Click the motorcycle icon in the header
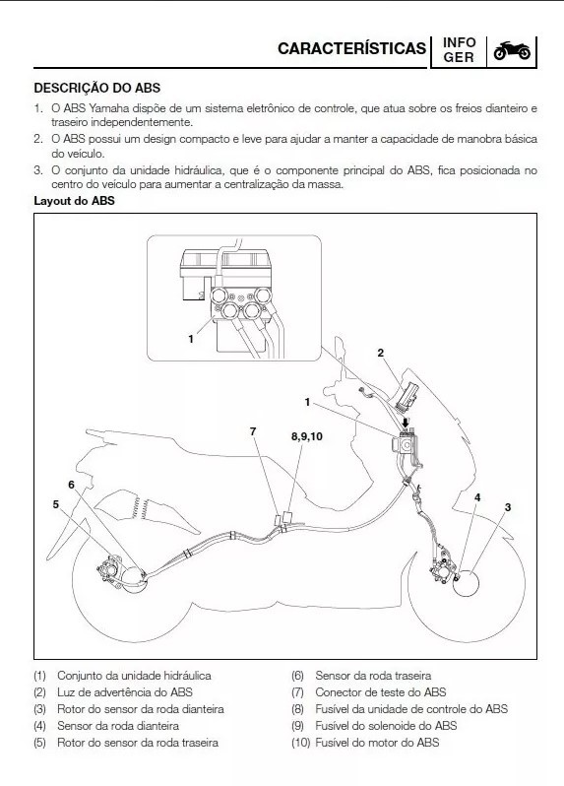point(511,50)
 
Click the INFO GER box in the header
point(459,50)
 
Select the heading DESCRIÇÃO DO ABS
point(96,88)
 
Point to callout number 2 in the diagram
point(381,352)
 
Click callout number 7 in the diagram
point(253,431)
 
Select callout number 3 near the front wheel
point(508,506)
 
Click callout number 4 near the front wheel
point(477,498)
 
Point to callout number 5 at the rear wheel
point(56,504)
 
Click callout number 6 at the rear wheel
point(71,485)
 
